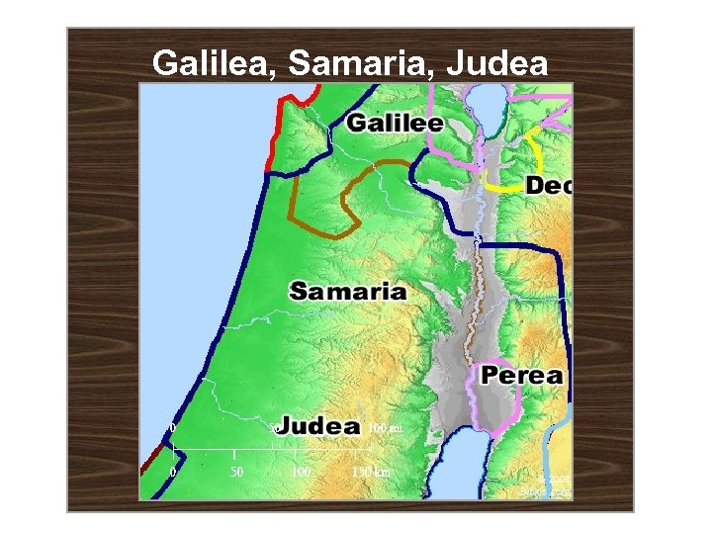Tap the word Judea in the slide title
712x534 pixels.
click(x=497, y=64)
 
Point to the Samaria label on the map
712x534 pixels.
click(x=347, y=291)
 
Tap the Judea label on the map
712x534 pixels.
click(x=318, y=426)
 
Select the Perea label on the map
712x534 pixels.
click(x=522, y=376)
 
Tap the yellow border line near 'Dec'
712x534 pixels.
click(x=509, y=185)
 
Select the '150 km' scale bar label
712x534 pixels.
click(x=371, y=473)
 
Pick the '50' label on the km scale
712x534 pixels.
click(x=236, y=473)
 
